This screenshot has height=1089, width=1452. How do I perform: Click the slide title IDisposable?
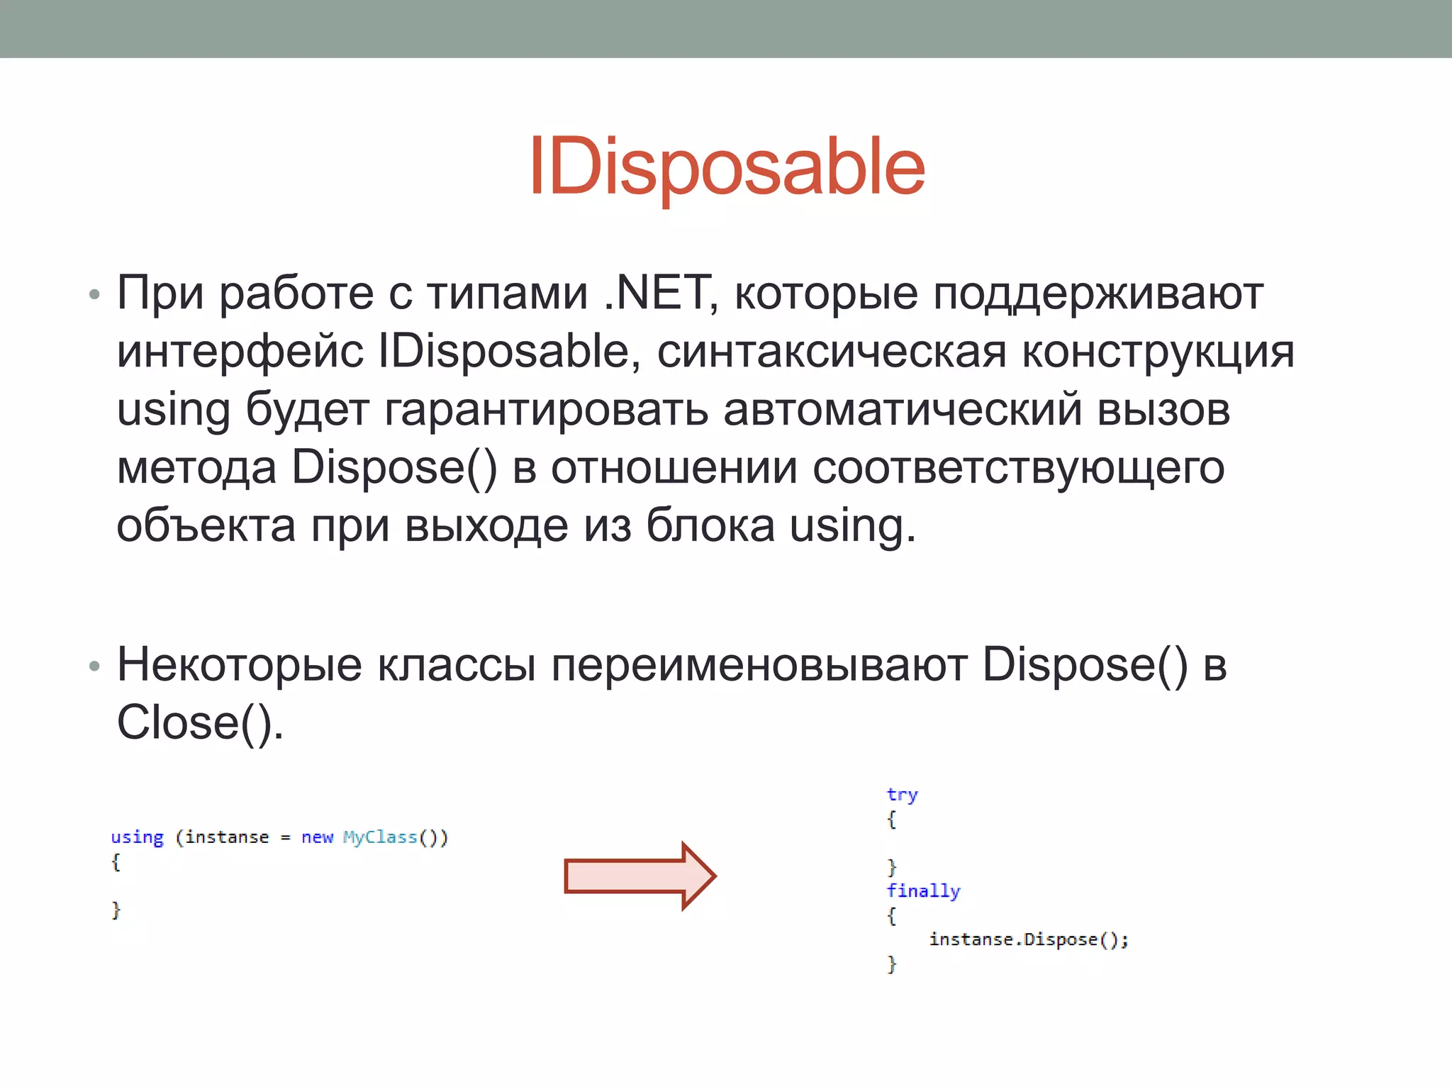[727, 167]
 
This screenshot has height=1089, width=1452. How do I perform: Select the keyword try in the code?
[902, 795]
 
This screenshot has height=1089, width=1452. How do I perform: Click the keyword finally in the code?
[923, 890]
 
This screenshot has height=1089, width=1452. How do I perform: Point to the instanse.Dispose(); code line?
[1028, 939]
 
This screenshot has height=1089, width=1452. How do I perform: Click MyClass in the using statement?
[380, 837]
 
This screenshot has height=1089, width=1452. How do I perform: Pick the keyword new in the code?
[317, 837]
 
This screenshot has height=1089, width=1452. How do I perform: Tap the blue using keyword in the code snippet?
[137, 837]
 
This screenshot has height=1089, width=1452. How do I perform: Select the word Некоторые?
[240, 665]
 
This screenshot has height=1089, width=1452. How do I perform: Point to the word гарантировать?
[546, 410]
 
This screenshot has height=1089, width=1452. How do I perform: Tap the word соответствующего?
[1018, 468]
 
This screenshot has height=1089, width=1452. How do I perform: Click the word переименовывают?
[759, 665]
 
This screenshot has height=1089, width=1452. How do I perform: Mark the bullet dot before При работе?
[94, 294]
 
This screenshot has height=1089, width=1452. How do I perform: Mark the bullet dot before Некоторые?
[94, 666]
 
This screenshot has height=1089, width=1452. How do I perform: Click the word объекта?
[206, 526]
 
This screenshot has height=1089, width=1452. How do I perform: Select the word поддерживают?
[1098, 294]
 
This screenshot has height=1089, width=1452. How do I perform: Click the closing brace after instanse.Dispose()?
[892, 964]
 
